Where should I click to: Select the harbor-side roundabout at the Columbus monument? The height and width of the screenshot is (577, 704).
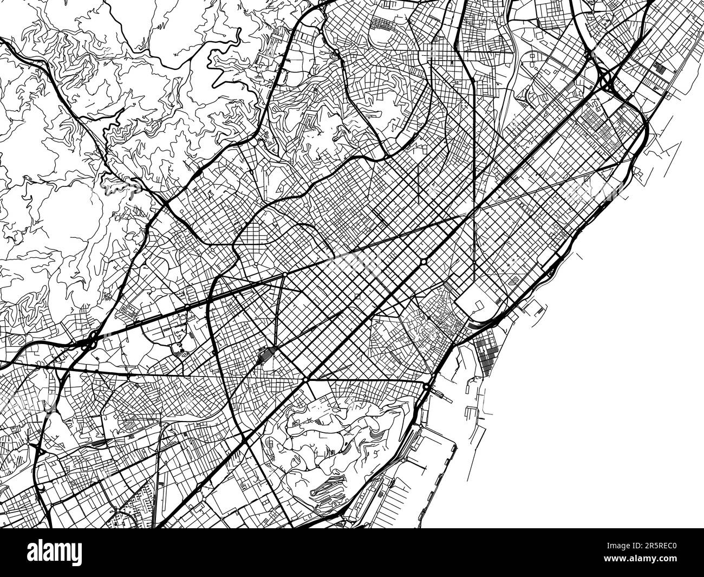tap(427, 388)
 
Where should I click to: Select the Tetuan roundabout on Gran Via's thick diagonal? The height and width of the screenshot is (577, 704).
tap(423, 262)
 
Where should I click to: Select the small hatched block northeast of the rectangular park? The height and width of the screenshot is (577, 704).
tap(513, 281)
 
